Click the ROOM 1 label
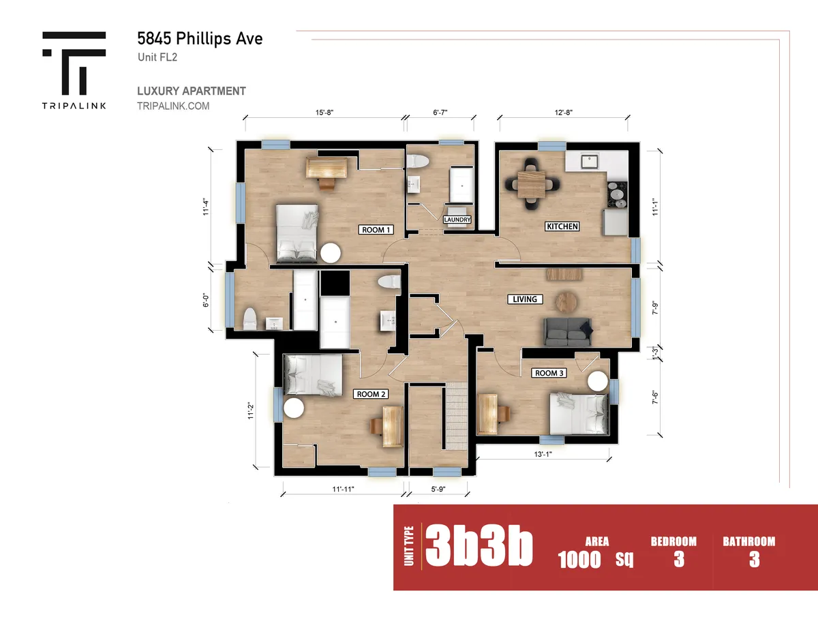click(376, 230)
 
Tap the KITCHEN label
click(562, 226)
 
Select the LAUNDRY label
click(457, 220)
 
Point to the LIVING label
click(525, 299)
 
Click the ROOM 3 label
click(549, 373)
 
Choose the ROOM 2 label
click(371, 394)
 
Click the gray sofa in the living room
click(568, 332)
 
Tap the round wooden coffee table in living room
click(566, 302)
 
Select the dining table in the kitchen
click(531, 184)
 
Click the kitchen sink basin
click(589, 161)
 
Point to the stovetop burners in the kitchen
click(618, 194)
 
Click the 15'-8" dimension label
click(324, 112)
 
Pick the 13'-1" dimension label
click(543, 454)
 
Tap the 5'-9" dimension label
click(438, 489)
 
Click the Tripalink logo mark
click(74, 63)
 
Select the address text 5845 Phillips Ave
click(200, 38)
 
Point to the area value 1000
click(579, 559)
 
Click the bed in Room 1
click(297, 232)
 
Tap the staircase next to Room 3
click(456, 416)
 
